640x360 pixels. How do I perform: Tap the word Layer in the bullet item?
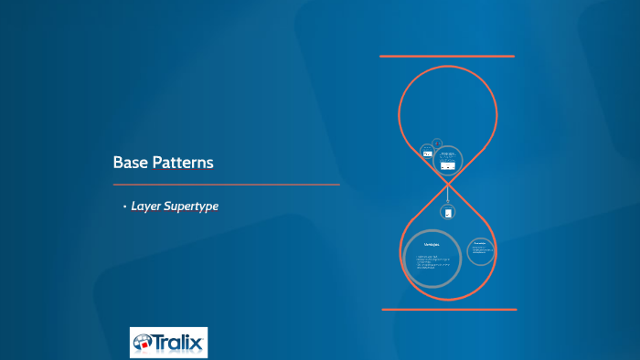(147, 206)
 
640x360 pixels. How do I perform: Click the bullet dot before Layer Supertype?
(124, 206)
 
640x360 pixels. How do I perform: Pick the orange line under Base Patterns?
(226, 185)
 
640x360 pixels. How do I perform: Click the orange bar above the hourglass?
(447, 57)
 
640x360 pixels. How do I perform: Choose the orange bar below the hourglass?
(447, 310)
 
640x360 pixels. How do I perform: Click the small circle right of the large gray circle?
(481, 250)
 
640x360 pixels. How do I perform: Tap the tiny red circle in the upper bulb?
(437, 143)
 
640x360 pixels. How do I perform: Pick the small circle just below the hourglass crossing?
(447, 212)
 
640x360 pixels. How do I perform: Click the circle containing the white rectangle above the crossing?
(447, 162)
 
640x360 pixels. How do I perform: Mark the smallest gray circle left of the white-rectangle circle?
(427, 153)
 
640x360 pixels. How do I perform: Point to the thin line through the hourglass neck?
(447, 193)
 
